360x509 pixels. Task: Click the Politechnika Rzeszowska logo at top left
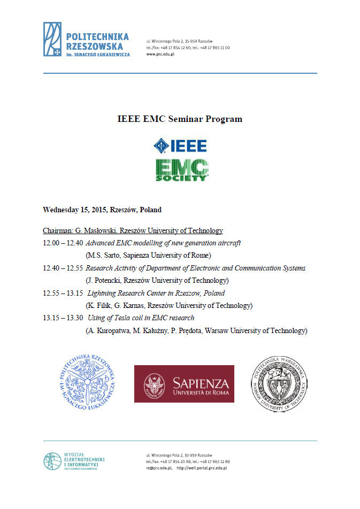coord(86,41)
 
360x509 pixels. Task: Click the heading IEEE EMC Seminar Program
coord(179,119)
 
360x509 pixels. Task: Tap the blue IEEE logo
coord(180,145)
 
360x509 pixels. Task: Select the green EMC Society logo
coord(182,170)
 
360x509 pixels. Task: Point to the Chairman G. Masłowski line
coord(133,231)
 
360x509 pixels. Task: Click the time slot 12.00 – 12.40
coord(62,243)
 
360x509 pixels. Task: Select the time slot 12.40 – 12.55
coord(62,268)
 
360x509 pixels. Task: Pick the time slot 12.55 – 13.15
coord(62,293)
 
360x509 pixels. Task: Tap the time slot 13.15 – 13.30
coord(62,318)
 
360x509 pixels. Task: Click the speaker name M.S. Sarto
coord(104,256)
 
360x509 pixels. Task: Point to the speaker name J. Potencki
coord(105,281)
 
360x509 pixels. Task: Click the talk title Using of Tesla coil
coord(141,318)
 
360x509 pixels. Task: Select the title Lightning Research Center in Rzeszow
coord(156,293)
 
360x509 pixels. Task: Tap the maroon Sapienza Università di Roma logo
coord(184,383)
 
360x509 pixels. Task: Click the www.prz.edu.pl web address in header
coord(160,54)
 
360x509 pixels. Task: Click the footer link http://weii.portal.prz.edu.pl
coord(202,468)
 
